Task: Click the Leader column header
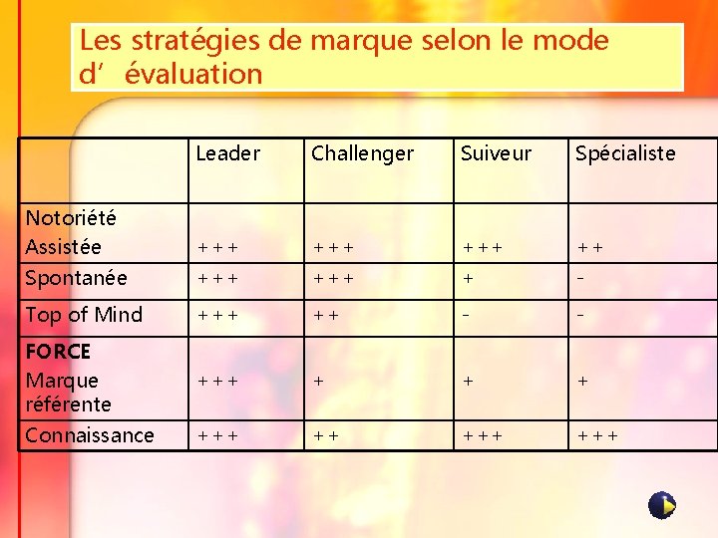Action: tap(227, 153)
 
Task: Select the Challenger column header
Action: tap(362, 153)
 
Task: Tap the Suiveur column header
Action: tap(496, 153)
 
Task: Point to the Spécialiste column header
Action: tap(625, 153)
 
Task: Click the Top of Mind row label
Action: tap(84, 315)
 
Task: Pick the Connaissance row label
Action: tap(90, 435)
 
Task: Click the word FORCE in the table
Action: tap(58, 352)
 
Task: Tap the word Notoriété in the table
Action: tap(71, 218)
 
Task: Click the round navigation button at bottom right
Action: tap(662, 505)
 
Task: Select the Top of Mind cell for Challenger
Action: tap(325, 316)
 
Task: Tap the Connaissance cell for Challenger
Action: tap(325, 436)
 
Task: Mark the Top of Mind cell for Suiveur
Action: tap(465, 316)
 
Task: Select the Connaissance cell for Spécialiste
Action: tap(596, 436)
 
